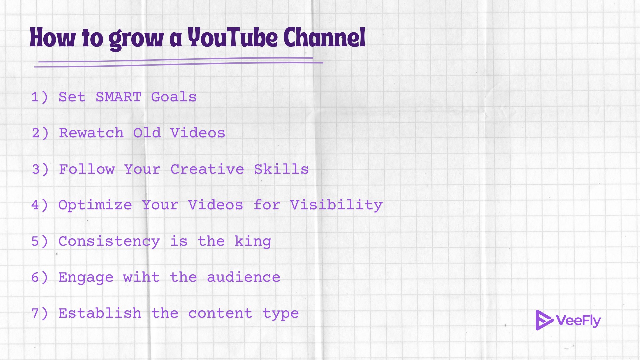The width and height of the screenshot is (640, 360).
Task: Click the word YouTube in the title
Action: [232, 38]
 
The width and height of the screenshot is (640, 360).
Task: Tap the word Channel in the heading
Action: [324, 38]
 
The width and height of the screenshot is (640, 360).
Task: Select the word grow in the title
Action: [136, 39]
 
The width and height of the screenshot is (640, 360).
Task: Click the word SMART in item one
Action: [118, 97]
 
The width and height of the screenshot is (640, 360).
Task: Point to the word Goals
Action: [174, 97]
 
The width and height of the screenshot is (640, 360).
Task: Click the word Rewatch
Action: [91, 133]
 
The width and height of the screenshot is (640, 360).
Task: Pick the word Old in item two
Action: [147, 133]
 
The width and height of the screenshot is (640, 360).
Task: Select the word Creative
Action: [207, 169]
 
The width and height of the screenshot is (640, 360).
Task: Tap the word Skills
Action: [281, 169]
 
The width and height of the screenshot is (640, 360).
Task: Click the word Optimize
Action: [95, 205]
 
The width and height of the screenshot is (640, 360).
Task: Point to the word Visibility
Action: [336, 205]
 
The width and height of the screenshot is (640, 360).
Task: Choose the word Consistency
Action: [109, 241]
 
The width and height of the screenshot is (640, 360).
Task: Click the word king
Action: [253, 241]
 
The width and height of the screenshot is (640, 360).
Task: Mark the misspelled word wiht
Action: [141, 277]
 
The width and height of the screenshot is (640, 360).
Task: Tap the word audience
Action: [243, 277]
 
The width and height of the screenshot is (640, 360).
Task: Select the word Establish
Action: [100, 313]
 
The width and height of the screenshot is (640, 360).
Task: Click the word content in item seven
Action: [220, 313]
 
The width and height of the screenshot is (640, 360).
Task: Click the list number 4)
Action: [40, 205]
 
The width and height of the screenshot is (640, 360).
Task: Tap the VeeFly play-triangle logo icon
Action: [543, 320]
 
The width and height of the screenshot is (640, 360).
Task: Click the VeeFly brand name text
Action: [578, 321]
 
